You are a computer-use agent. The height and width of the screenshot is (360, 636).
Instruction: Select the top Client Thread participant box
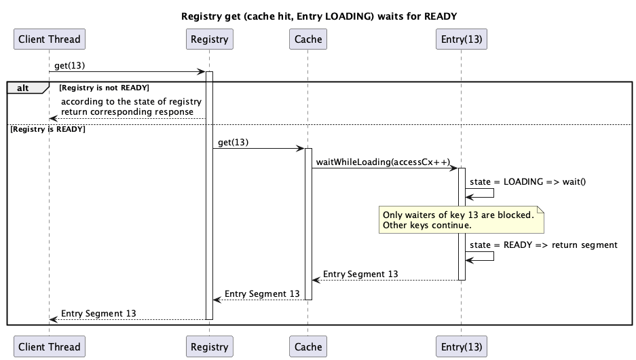point(50,39)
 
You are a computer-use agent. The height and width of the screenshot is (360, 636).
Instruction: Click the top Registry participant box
point(209,39)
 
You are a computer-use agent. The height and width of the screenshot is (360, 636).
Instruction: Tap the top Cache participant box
point(307,39)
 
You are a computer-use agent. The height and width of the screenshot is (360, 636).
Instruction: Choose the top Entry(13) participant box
point(462,39)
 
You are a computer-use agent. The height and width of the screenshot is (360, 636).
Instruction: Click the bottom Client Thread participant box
point(50,346)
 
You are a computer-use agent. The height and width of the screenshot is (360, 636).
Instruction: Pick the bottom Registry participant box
point(209,346)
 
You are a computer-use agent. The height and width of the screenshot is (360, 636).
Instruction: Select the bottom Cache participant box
point(307,346)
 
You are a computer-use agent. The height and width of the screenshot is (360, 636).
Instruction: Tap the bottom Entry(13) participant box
point(462,346)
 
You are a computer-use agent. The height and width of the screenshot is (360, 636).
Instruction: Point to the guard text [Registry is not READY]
point(104,88)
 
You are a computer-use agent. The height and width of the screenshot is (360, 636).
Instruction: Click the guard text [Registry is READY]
point(48,129)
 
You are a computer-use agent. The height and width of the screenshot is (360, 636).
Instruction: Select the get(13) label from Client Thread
point(70,65)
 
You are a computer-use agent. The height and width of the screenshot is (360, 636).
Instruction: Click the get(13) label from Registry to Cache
point(233,143)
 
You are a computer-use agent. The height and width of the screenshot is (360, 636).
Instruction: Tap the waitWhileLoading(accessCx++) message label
point(383,162)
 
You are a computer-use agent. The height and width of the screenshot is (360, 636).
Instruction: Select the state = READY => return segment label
point(543,245)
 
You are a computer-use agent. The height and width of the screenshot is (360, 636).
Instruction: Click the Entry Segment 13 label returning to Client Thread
point(98,313)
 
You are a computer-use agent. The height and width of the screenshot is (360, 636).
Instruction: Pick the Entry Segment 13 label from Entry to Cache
point(360,274)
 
